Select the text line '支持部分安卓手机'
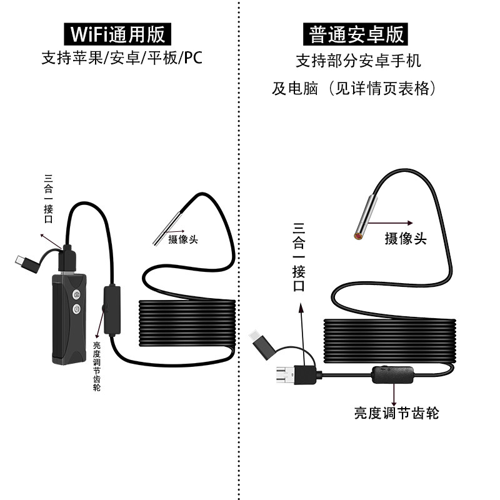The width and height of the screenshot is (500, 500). [359, 61]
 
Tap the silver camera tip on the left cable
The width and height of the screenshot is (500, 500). [167, 229]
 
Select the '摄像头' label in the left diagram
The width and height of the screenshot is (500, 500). [182, 239]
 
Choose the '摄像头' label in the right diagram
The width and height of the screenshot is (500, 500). [406, 238]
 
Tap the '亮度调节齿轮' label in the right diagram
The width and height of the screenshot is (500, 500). [396, 413]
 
